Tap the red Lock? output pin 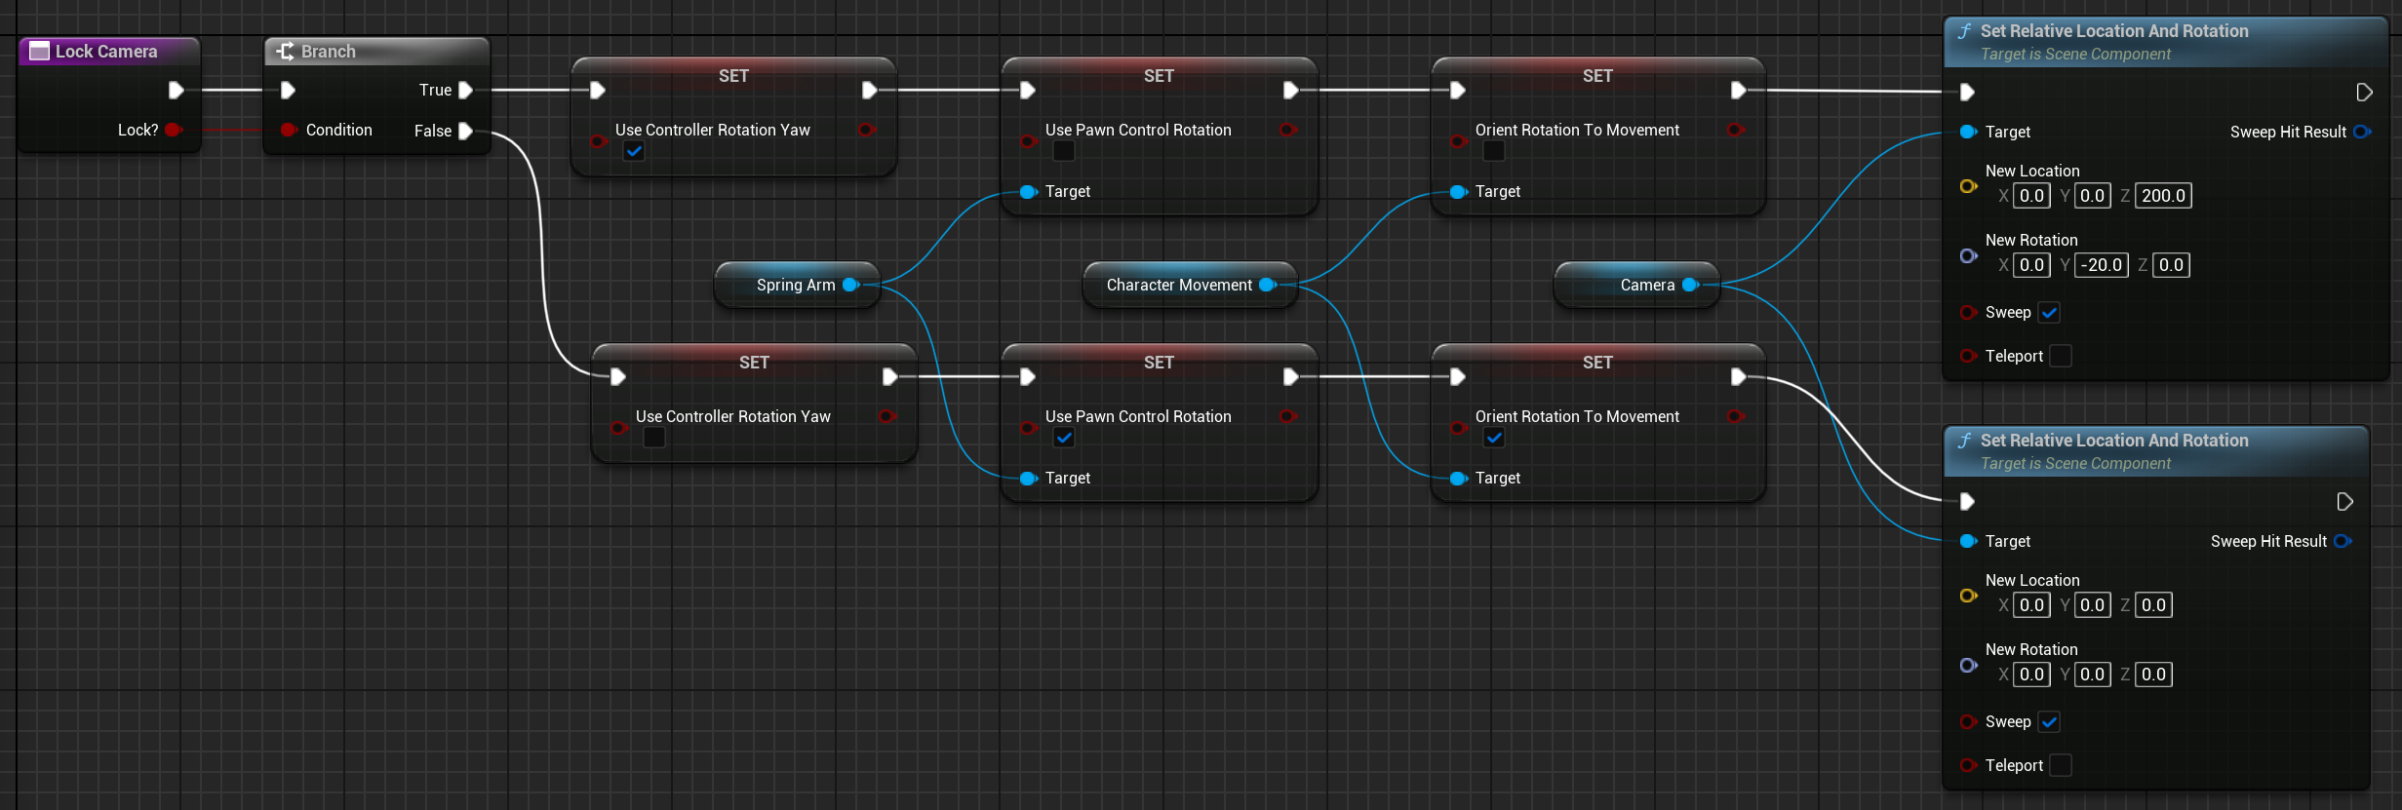[x=173, y=130]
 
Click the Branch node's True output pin [x=465, y=90]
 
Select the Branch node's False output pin [x=465, y=131]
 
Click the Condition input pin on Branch [x=289, y=130]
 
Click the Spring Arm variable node [x=795, y=285]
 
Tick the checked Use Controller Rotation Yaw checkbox [x=634, y=151]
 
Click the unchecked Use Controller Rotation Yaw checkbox [x=654, y=438]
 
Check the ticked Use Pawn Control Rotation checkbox [x=1064, y=438]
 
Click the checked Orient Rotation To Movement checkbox [x=1494, y=438]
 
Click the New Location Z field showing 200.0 [x=2163, y=196]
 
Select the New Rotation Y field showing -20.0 [x=2101, y=265]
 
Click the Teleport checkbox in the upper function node [x=2061, y=356]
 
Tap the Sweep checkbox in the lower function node [x=2049, y=722]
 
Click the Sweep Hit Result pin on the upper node [x=2361, y=132]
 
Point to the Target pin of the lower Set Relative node [x=1968, y=541]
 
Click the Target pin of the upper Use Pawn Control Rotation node [x=1028, y=192]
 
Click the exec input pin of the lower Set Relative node [x=1967, y=501]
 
